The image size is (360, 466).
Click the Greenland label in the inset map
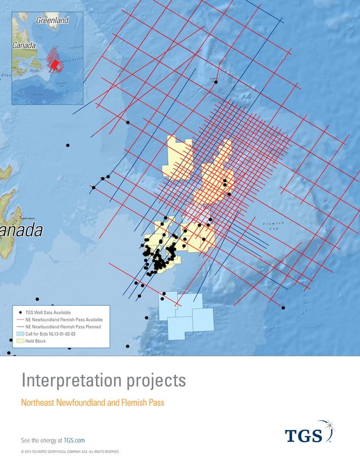tap(52, 20)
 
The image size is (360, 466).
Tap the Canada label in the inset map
tap(24, 45)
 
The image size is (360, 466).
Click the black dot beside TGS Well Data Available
tap(21, 312)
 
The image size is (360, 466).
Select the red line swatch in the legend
tap(20, 319)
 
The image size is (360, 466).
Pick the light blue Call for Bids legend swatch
tap(20, 334)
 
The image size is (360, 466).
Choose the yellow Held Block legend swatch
tap(20, 341)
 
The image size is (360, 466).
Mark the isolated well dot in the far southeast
tap(283, 307)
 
